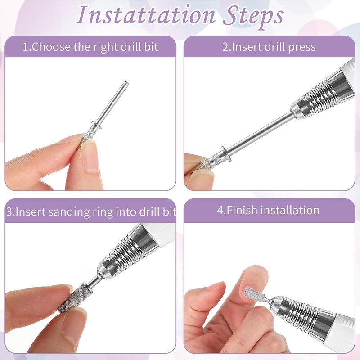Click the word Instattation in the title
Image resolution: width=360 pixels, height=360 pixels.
[x=145, y=14]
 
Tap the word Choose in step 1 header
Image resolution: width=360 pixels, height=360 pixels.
[x=51, y=47]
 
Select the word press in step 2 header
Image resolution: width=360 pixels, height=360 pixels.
[x=301, y=48]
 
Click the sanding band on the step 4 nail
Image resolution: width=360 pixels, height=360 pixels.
[x=254, y=296]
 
